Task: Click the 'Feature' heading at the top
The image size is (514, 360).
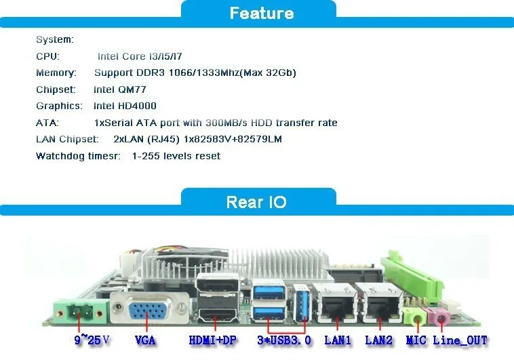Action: (x=261, y=14)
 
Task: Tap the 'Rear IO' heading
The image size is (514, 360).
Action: (x=256, y=202)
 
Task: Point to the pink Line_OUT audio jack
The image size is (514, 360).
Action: (x=441, y=316)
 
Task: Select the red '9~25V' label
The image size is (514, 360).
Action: (x=92, y=340)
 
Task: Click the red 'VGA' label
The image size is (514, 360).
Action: (x=148, y=340)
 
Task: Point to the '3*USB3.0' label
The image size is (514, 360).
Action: (x=284, y=340)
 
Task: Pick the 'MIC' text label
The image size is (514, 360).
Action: (x=416, y=340)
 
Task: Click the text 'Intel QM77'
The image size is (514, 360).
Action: (x=120, y=89)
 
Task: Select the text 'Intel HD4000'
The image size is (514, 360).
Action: (x=125, y=106)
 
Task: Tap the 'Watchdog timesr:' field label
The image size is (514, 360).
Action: (x=79, y=156)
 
